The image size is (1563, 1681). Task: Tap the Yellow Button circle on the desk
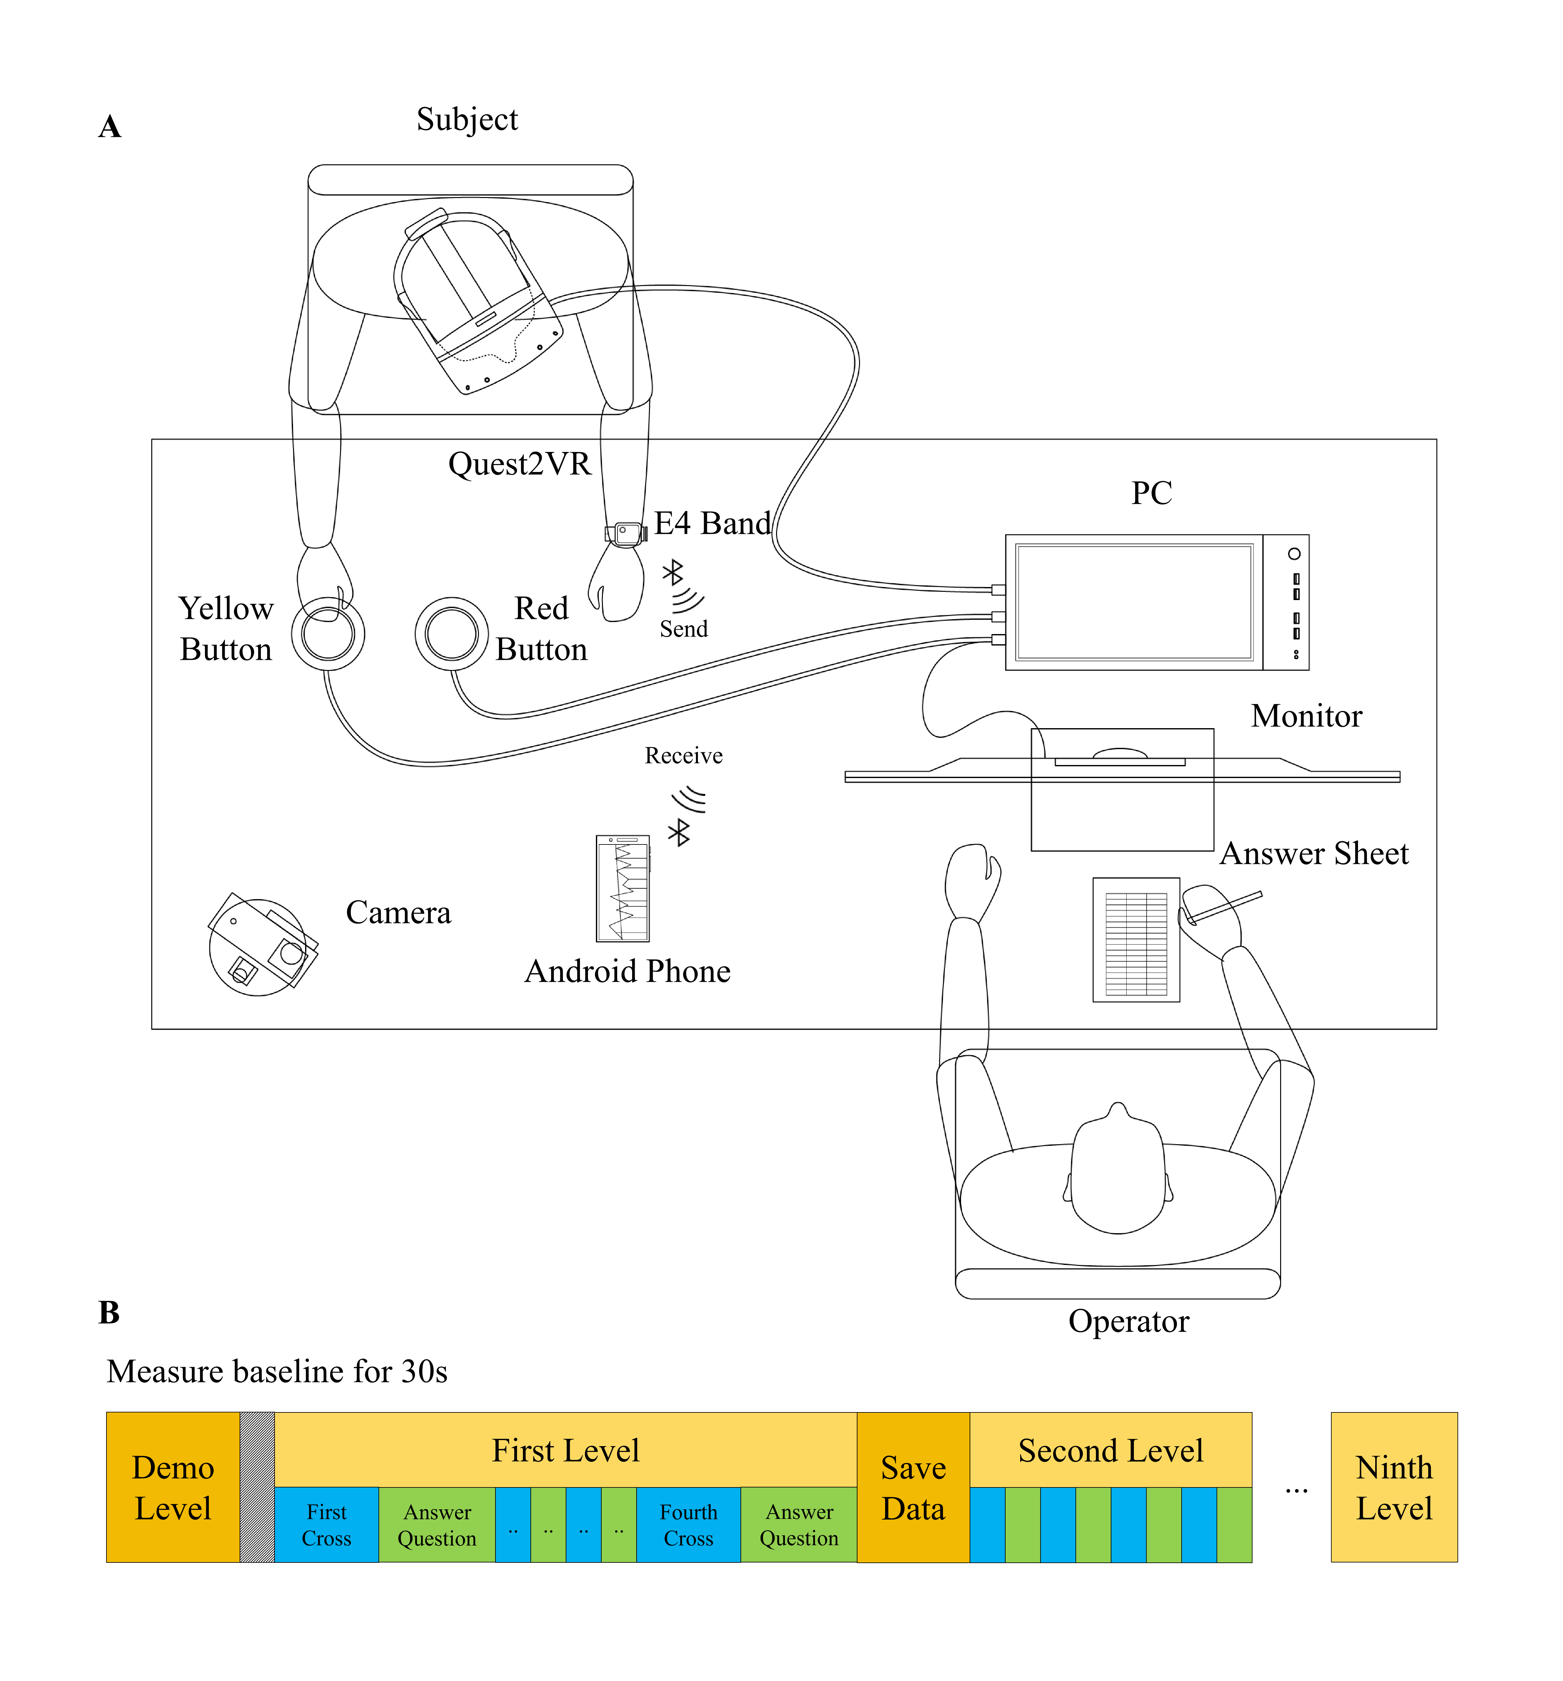[x=328, y=634]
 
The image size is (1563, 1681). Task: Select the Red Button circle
[x=451, y=634]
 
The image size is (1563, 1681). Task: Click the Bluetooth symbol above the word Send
[x=673, y=572]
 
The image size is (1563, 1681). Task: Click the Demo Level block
[x=173, y=1486]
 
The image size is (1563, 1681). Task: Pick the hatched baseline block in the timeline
[x=257, y=1486]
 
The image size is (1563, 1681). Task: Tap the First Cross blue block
[x=326, y=1525]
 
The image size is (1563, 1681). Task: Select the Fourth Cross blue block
[x=688, y=1525]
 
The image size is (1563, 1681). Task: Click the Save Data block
[x=913, y=1486]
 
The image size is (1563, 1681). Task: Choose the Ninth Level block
[x=1394, y=1486]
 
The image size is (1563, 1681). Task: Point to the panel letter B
[x=109, y=1312]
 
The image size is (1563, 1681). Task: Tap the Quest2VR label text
[x=519, y=463]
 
